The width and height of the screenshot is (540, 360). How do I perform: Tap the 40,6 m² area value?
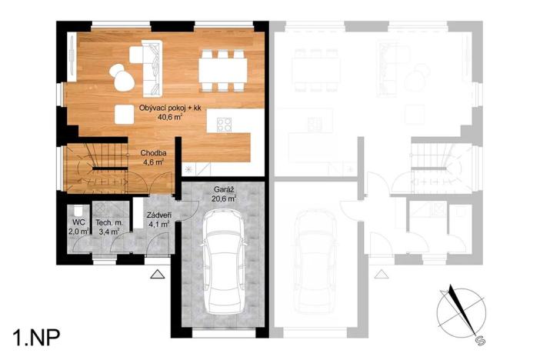point(169,118)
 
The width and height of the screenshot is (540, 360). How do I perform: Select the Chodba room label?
point(152,152)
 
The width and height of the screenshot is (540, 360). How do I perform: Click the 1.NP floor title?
point(37,336)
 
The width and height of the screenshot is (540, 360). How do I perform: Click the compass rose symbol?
point(461,312)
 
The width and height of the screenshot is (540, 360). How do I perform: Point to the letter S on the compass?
point(479,339)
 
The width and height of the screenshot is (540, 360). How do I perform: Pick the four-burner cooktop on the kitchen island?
point(225,125)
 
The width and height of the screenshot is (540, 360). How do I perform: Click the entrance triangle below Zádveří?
point(157,275)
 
